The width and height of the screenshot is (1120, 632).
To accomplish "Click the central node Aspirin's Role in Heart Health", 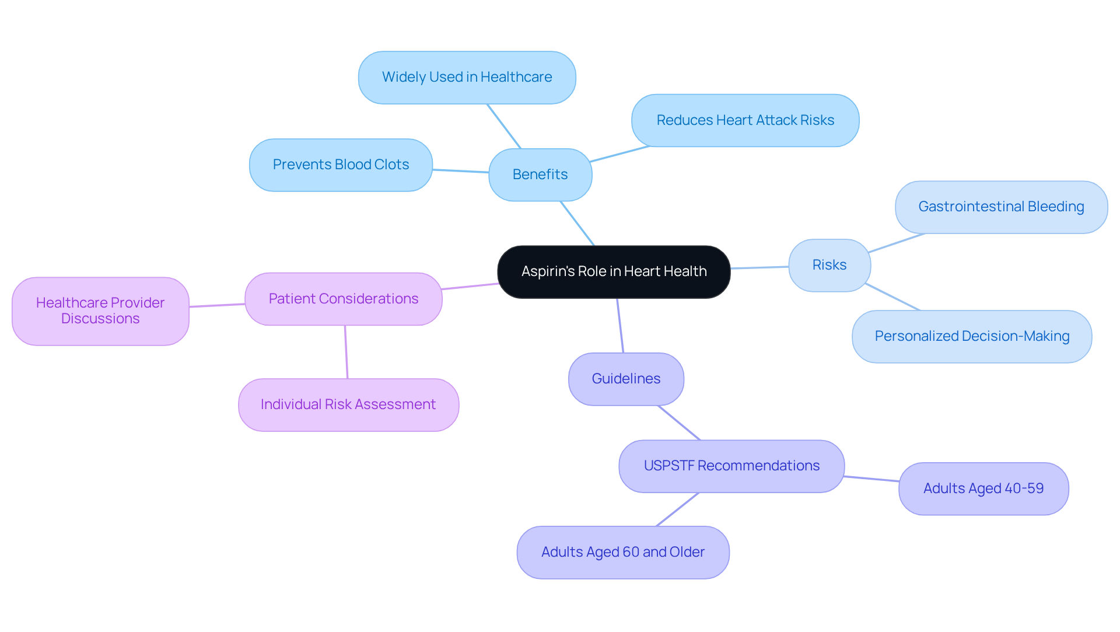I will (x=614, y=272).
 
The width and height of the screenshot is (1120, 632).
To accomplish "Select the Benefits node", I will (x=540, y=174).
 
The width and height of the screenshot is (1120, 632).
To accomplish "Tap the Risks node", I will (x=829, y=265).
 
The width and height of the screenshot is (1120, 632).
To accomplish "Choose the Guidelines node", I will (x=626, y=379).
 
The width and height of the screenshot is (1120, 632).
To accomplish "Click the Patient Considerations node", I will (x=343, y=299).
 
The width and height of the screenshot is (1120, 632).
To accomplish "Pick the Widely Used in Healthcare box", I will (x=467, y=77).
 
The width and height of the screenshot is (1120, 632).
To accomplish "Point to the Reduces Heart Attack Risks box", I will (x=745, y=120).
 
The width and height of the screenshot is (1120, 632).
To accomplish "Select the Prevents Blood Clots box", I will (x=341, y=165).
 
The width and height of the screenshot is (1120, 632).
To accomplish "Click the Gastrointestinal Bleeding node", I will (x=1001, y=207).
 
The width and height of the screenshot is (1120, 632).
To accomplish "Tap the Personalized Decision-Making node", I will (x=972, y=336).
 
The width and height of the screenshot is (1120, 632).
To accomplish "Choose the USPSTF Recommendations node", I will (x=731, y=466).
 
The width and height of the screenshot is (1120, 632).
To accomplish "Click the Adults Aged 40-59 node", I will (x=984, y=488).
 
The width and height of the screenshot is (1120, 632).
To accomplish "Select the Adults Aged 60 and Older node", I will (x=623, y=552).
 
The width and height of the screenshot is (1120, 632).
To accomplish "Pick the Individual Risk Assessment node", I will (x=348, y=404).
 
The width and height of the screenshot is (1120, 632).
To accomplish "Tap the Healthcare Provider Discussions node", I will (x=100, y=310).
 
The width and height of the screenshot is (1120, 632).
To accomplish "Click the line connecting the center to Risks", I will (x=759, y=267).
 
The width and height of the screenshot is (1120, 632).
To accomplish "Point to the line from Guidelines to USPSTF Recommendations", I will (x=679, y=423).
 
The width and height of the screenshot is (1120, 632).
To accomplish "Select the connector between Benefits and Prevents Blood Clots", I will (x=461, y=171).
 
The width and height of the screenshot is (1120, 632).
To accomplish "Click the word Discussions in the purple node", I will (x=100, y=319).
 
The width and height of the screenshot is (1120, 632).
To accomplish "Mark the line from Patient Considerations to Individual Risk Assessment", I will (x=346, y=352).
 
